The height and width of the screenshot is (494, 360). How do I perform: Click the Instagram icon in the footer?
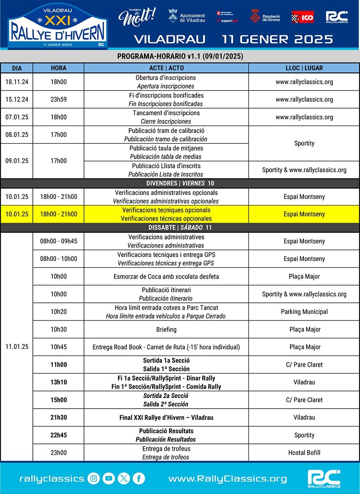point(94,478)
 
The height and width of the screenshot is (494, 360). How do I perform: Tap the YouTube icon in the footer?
point(108,478)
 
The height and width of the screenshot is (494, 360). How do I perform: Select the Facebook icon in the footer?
point(139,478)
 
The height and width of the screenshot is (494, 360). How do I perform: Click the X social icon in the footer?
point(124,478)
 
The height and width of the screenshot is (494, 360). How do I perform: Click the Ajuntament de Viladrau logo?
point(186,16)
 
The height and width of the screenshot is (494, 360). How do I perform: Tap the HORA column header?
point(58,68)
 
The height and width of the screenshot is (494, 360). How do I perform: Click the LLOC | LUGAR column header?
point(304,68)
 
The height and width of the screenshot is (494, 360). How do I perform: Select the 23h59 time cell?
point(58,99)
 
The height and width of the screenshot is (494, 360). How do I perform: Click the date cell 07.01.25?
point(17,117)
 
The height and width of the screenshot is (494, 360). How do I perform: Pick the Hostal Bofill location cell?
point(304,453)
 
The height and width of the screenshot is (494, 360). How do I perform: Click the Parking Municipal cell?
point(304,312)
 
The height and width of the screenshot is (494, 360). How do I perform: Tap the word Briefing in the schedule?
point(166,329)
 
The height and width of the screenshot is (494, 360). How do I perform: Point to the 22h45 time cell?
point(58,435)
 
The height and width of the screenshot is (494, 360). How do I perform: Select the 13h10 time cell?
point(58,382)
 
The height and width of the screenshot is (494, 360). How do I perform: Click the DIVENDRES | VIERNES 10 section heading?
point(180,183)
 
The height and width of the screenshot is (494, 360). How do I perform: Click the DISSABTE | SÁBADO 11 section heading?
point(180,227)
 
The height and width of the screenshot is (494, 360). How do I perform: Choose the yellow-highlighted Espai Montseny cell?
point(304,214)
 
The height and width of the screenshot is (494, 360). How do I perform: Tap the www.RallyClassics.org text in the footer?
point(227,478)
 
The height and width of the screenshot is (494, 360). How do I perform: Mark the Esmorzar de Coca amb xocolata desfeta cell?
point(166,277)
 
